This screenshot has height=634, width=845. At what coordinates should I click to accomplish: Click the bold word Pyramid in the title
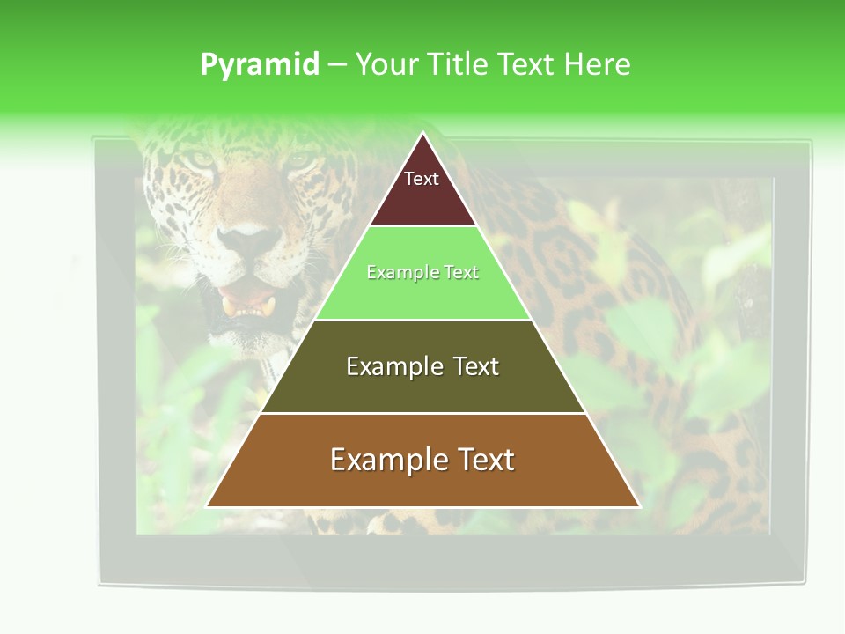[260, 65]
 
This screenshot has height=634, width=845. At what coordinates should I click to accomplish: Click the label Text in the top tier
[422, 179]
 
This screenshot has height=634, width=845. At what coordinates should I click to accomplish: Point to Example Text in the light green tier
[422, 273]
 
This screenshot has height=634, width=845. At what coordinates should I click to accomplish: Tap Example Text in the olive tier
[422, 366]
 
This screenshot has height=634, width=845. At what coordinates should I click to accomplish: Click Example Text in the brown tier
[422, 460]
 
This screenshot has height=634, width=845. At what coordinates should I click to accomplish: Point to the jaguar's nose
[249, 239]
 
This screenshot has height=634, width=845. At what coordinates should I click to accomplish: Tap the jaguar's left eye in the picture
[201, 159]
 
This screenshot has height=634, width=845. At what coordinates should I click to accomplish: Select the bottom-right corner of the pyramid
[639, 506]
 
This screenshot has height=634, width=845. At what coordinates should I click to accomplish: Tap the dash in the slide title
[337, 65]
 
